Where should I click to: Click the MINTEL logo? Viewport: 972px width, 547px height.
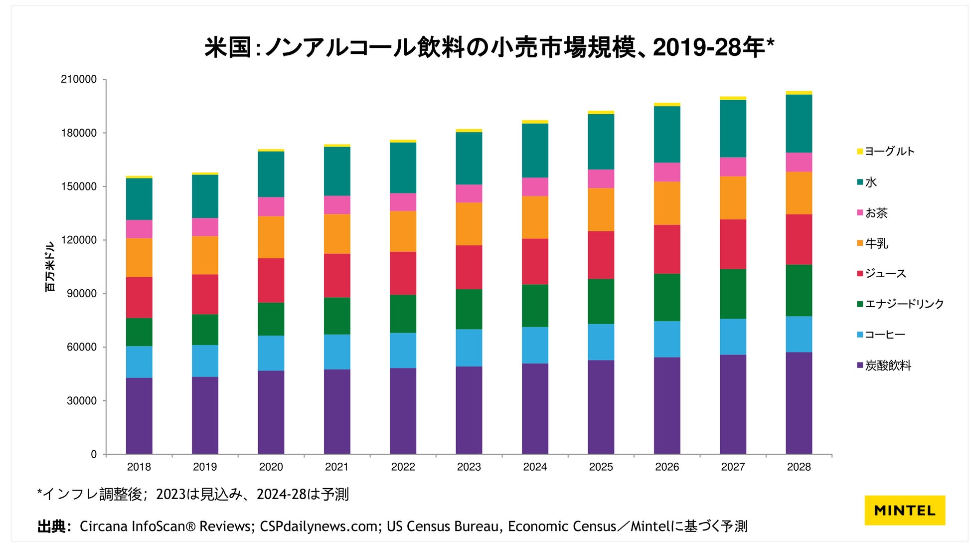click(904, 510)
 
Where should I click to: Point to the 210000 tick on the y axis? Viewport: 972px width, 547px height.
click(79, 79)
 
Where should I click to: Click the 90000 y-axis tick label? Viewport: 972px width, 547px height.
click(82, 294)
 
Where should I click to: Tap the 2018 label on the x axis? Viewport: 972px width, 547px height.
click(139, 467)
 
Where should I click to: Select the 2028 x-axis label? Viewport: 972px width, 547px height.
click(799, 467)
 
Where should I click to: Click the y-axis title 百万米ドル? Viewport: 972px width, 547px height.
click(50, 267)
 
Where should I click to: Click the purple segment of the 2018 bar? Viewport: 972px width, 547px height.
click(139, 415)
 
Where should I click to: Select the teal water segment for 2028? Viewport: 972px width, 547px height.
click(799, 123)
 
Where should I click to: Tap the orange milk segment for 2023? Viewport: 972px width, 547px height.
click(469, 223)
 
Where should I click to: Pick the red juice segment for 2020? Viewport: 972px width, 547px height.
click(271, 280)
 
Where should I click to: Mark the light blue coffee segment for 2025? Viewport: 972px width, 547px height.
click(601, 342)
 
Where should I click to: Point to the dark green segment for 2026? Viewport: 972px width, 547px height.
click(666, 297)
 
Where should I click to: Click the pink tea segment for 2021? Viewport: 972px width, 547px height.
click(336, 204)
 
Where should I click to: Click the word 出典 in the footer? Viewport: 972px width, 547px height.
click(51, 527)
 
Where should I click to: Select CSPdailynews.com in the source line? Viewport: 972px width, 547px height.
click(319, 527)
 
